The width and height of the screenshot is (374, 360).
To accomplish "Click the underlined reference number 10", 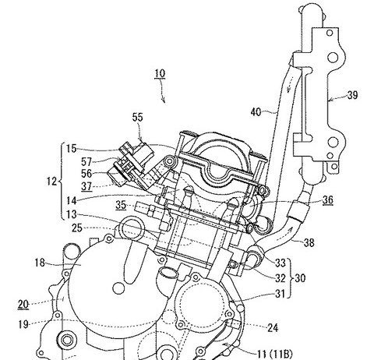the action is pyautogui.click(x=160, y=73).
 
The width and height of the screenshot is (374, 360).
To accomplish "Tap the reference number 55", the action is pyautogui.click(x=138, y=117).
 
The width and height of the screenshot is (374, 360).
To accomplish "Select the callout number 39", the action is pyautogui.click(x=352, y=95).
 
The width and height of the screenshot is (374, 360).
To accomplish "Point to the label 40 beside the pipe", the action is pyautogui.click(x=256, y=112).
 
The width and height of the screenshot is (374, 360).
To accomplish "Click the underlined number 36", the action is pyautogui.click(x=328, y=199).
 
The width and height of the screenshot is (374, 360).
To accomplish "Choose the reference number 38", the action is pyautogui.click(x=309, y=243).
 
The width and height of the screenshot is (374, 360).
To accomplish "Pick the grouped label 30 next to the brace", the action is pyautogui.click(x=300, y=278).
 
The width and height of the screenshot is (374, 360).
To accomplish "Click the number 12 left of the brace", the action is pyautogui.click(x=51, y=181).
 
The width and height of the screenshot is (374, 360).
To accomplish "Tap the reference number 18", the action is pyautogui.click(x=40, y=263).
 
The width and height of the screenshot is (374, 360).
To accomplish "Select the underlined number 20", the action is pyautogui.click(x=23, y=304).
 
